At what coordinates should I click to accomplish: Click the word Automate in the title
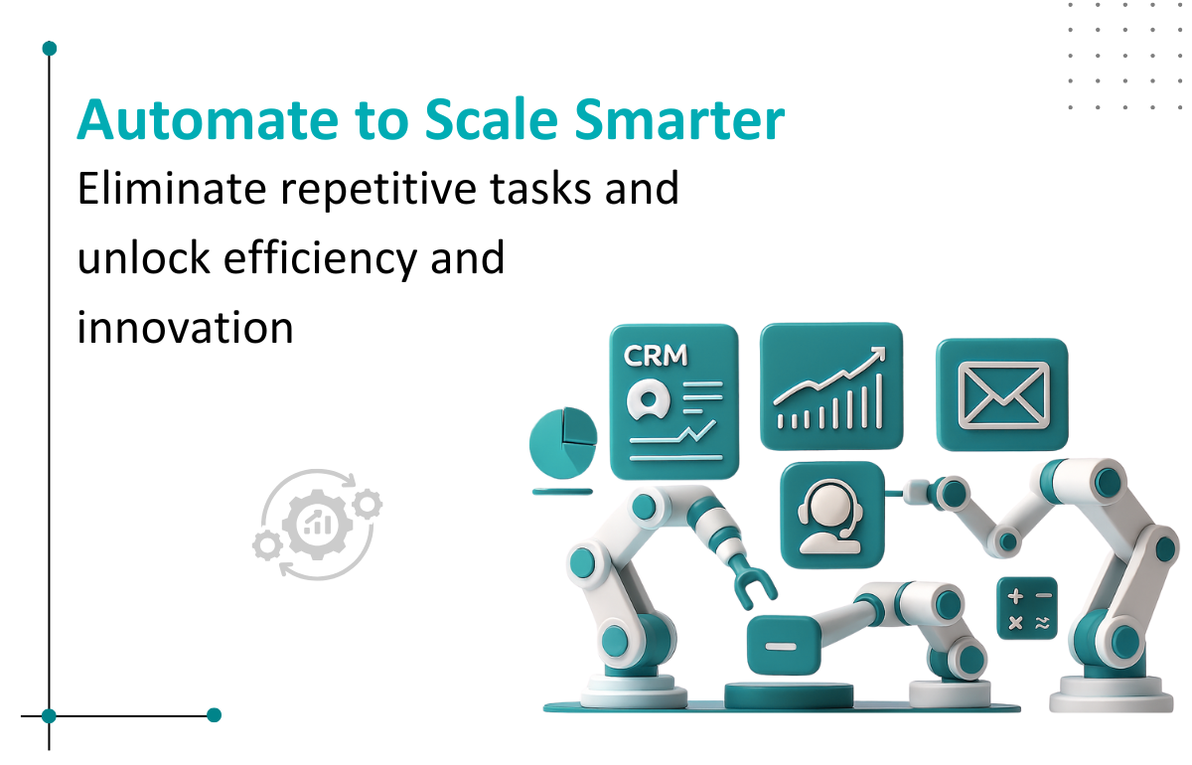pos(208,120)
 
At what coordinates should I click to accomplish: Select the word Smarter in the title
pos(679,120)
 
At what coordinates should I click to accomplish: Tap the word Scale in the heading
pos(492,120)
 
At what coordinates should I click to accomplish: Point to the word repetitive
pos(377,190)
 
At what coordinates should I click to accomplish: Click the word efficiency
pos(320,259)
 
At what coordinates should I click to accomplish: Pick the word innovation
pos(185,328)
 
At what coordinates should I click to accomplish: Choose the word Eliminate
pos(171,188)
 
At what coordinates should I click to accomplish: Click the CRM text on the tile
pos(655,356)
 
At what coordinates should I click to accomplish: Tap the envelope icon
pos(1003,395)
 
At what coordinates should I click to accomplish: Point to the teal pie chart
pos(563,443)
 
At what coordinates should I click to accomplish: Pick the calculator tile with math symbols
pos(1027,608)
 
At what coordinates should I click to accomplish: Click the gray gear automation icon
pos(318,525)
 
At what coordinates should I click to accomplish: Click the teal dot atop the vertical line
pos(50,49)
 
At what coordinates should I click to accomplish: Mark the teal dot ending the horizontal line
pos(214,715)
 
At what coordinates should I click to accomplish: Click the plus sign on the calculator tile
pos(1015,596)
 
